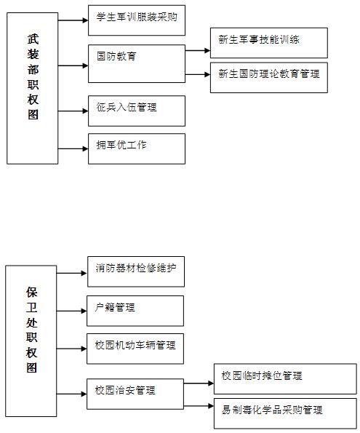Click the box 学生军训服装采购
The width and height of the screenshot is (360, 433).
(x=136, y=20)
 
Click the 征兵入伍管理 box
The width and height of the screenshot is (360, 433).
(x=136, y=110)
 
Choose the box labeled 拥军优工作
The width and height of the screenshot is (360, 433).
(x=136, y=148)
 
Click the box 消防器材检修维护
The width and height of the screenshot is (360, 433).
(x=136, y=271)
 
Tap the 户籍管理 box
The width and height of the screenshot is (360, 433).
(x=136, y=310)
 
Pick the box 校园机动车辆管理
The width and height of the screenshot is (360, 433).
(x=136, y=348)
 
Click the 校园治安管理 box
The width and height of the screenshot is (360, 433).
(x=136, y=393)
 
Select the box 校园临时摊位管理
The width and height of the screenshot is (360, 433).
(x=284, y=378)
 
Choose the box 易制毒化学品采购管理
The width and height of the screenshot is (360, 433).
(x=284, y=412)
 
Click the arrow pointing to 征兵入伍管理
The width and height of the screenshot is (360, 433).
(x=72, y=111)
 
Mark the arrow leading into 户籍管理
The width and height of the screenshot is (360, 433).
(x=72, y=311)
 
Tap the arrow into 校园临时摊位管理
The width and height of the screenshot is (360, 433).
(x=199, y=382)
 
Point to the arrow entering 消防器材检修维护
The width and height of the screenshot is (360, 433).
(x=72, y=274)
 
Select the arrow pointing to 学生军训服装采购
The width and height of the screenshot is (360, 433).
(x=72, y=20)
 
